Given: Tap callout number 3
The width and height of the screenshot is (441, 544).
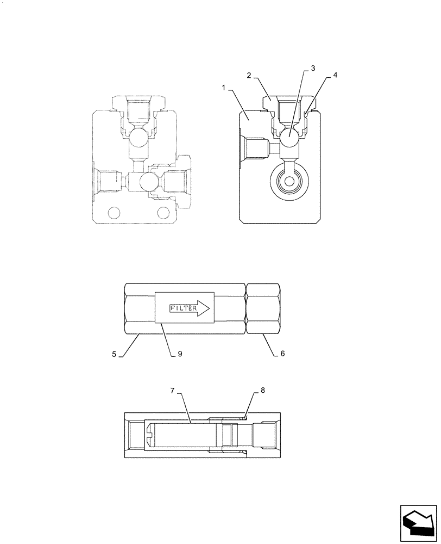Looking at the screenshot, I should (x=313, y=69).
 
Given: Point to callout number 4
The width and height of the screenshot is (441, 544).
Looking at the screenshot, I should (x=335, y=76).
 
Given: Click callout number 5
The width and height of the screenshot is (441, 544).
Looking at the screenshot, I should (x=115, y=354).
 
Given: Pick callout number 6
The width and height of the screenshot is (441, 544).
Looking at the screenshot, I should (x=282, y=354).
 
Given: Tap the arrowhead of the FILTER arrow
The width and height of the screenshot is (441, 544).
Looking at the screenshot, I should (x=203, y=308).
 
